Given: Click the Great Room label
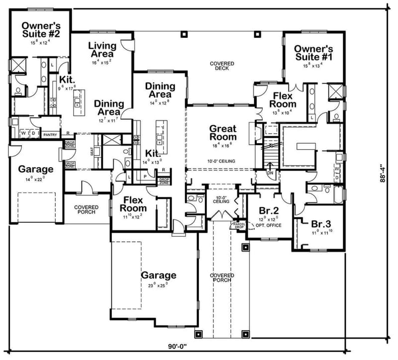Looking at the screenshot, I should click(x=222, y=133).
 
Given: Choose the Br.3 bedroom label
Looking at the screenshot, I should click(x=321, y=224).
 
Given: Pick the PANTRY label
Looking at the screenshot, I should click(x=50, y=134).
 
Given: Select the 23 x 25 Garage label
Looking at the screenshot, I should click(x=158, y=275).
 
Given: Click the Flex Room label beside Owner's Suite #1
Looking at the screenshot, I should click(x=283, y=100).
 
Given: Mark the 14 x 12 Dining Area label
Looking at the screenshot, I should click(x=160, y=90).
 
